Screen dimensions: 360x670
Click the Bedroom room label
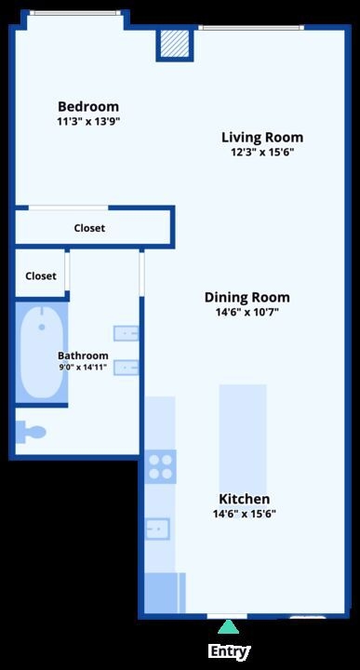pyautogui.click(x=88, y=106)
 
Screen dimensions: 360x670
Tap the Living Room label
pyautogui.click(x=262, y=138)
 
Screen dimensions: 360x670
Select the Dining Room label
pyautogui.click(x=247, y=298)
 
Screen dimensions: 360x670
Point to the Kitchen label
pyautogui.click(x=245, y=499)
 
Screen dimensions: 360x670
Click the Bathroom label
pyautogui.click(x=83, y=355)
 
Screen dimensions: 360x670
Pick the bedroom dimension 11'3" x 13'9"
pyautogui.click(x=88, y=121)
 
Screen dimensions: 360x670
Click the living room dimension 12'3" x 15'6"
pyautogui.click(x=262, y=152)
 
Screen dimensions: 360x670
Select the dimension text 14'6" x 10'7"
pyautogui.click(x=247, y=312)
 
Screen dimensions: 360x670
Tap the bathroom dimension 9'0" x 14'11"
pyautogui.click(x=83, y=367)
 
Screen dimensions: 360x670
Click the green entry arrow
pyautogui.click(x=229, y=627)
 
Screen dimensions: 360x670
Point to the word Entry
pyautogui.click(x=229, y=651)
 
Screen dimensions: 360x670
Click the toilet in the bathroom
pyautogui.click(x=31, y=433)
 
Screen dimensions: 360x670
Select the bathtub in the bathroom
pyautogui.click(x=42, y=353)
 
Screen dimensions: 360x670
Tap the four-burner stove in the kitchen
pyautogui.click(x=160, y=466)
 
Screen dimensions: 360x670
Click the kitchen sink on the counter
pyautogui.click(x=157, y=529)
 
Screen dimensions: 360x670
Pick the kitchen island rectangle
pyautogui.click(x=243, y=441)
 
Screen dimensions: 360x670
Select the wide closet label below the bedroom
pyautogui.click(x=89, y=228)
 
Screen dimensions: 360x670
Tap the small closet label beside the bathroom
pyautogui.click(x=41, y=276)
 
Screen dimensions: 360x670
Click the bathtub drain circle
pyautogui.click(x=42, y=328)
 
